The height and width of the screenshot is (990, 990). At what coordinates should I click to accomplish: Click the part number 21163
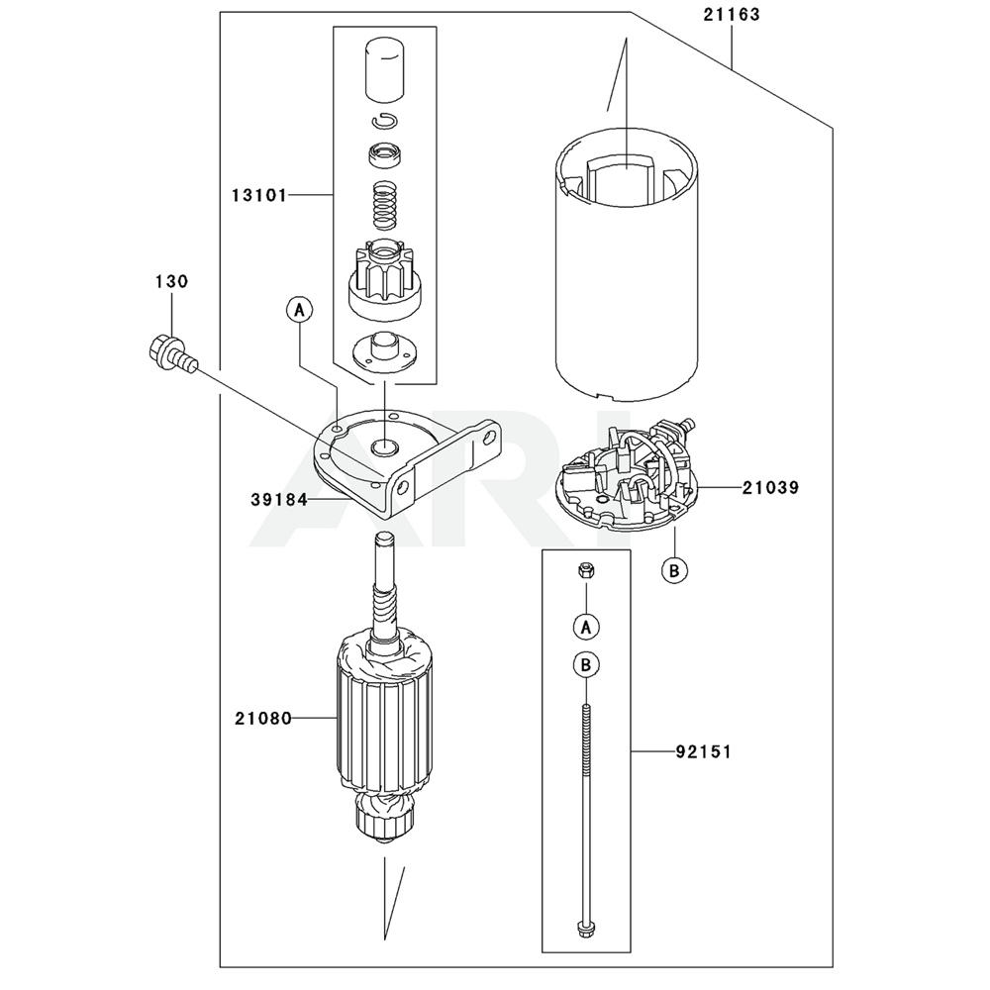(x=732, y=15)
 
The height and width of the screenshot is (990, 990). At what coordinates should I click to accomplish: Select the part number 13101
(x=259, y=196)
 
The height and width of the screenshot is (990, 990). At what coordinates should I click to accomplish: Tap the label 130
(x=171, y=281)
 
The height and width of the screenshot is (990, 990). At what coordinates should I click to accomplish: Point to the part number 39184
(x=279, y=500)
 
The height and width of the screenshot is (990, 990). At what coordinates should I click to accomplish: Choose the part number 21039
(x=770, y=488)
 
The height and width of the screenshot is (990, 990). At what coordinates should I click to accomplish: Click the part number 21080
(x=263, y=719)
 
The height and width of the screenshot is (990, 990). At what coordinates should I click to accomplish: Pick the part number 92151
(x=703, y=752)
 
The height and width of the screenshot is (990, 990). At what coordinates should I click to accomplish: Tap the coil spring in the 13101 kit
(x=384, y=206)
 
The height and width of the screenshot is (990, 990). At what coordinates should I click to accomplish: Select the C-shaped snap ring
(x=384, y=121)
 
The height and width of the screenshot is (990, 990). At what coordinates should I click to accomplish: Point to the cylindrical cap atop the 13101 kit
(x=384, y=69)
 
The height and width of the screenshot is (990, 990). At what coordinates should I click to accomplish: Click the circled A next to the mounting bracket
(x=299, y=310)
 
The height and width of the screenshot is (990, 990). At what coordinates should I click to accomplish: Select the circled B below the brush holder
(x=674, y=571)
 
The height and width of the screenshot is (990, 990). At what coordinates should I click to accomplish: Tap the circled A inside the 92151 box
(x=586, y=628)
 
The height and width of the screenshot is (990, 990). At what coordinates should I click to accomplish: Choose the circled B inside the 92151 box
(x=586, y=665)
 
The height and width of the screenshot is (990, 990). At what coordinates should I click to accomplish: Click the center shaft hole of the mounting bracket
(x=384, y=447)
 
